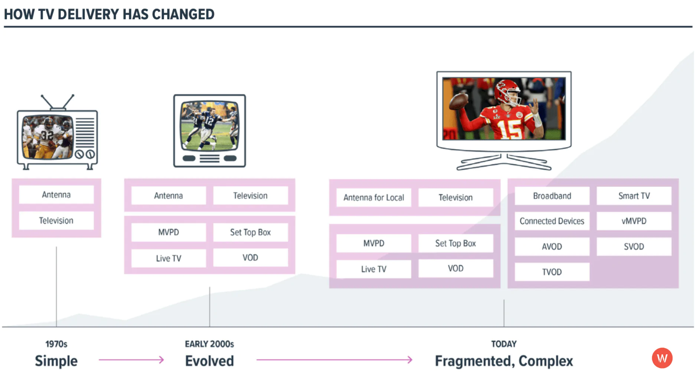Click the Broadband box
tap(552, 196)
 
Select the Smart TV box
tap(634, 196)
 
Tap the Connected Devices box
tap(552, 221)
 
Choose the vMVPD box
tap(634, 221)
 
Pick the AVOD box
tap(552, 246)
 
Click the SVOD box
tap(634, 246)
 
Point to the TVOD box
tap(552, 272)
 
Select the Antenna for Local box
tap(373, 198)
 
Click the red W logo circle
tap(662, 358)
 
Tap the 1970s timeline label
tap(56, 344)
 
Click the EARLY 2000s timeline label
tap(209, 344)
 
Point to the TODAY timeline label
tap(504, 344)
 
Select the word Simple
tap(56, 361)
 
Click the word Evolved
tap(209, 361)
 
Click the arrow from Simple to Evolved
tap(131, 360)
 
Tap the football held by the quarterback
tap(459, 101)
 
